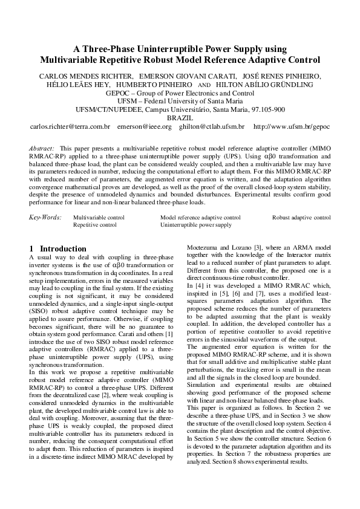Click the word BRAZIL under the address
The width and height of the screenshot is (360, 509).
180,118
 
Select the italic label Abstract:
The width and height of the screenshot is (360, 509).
42,148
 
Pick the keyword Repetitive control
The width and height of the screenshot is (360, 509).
95,224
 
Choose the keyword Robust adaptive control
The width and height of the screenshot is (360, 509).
301,216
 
